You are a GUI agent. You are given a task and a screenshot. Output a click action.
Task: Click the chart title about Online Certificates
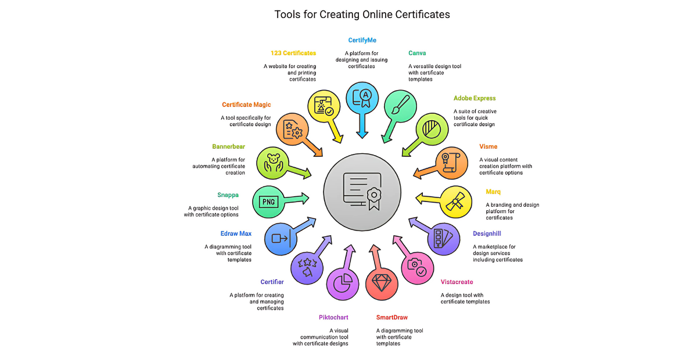click(x=362, y=14)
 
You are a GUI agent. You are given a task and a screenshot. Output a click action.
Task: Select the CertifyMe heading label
click(x=362, y=40)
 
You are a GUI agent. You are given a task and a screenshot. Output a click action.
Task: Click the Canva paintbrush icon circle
click(x=401, y=106)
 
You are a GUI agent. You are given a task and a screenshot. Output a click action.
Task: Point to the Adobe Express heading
click(x=475, y=98)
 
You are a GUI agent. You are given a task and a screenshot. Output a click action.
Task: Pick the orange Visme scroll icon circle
click(x=451, y=163)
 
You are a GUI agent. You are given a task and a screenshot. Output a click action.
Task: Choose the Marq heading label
click(x=493, y=192)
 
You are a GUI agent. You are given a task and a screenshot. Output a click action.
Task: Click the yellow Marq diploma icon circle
click(x=456, y=201)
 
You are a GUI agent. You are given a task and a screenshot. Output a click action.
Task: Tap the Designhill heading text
click(x=487, y=233)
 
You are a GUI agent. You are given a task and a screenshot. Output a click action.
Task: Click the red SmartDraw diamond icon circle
click(x=382, y=283)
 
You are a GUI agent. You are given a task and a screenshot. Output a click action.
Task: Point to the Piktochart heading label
click(x=334, y=317)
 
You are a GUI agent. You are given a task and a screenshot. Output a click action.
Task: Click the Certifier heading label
click(x=272, y=282)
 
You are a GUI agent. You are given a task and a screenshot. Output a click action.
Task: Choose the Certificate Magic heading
click(x=246, y=105)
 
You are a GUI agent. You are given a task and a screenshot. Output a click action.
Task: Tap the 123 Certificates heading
click(x=293, y=53)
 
